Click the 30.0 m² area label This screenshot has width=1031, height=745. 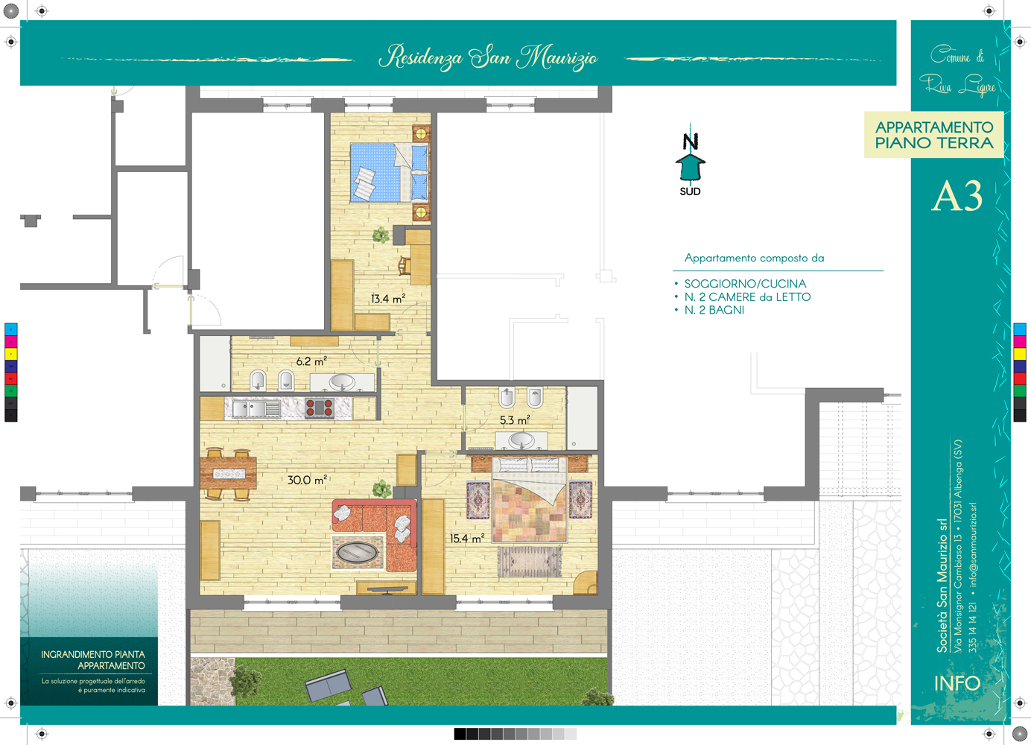[x=307, y=480]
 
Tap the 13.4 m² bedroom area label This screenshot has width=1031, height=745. [x=388, y=298]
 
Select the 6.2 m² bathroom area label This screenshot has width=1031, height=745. [x=311, y=361]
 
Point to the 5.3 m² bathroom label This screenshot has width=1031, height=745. [x=515, y=420]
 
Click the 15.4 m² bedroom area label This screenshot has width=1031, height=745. [x=467, y=538]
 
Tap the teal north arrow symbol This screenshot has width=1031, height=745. [x=690, y=167]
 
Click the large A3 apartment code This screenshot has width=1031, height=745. [x=957, y=196]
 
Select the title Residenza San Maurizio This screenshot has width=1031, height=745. [x=488, y=57]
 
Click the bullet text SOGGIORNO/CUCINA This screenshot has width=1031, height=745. [x=745, y=284]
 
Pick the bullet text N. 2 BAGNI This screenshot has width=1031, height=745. [x=714, y=310]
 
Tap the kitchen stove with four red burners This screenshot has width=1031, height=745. [x=319, y=408]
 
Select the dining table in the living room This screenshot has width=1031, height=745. [x=228, y=473]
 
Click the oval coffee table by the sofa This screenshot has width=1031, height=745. [x=357, y=551]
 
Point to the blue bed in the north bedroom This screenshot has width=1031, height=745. [x=390, y=173]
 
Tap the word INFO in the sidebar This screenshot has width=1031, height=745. [x=957, y=683]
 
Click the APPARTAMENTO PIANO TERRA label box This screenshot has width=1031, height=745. [x=934, y=135]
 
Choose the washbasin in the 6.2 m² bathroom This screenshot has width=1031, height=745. [x=341, y=382]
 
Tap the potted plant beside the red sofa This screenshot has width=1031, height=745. [x=381, y=488]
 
